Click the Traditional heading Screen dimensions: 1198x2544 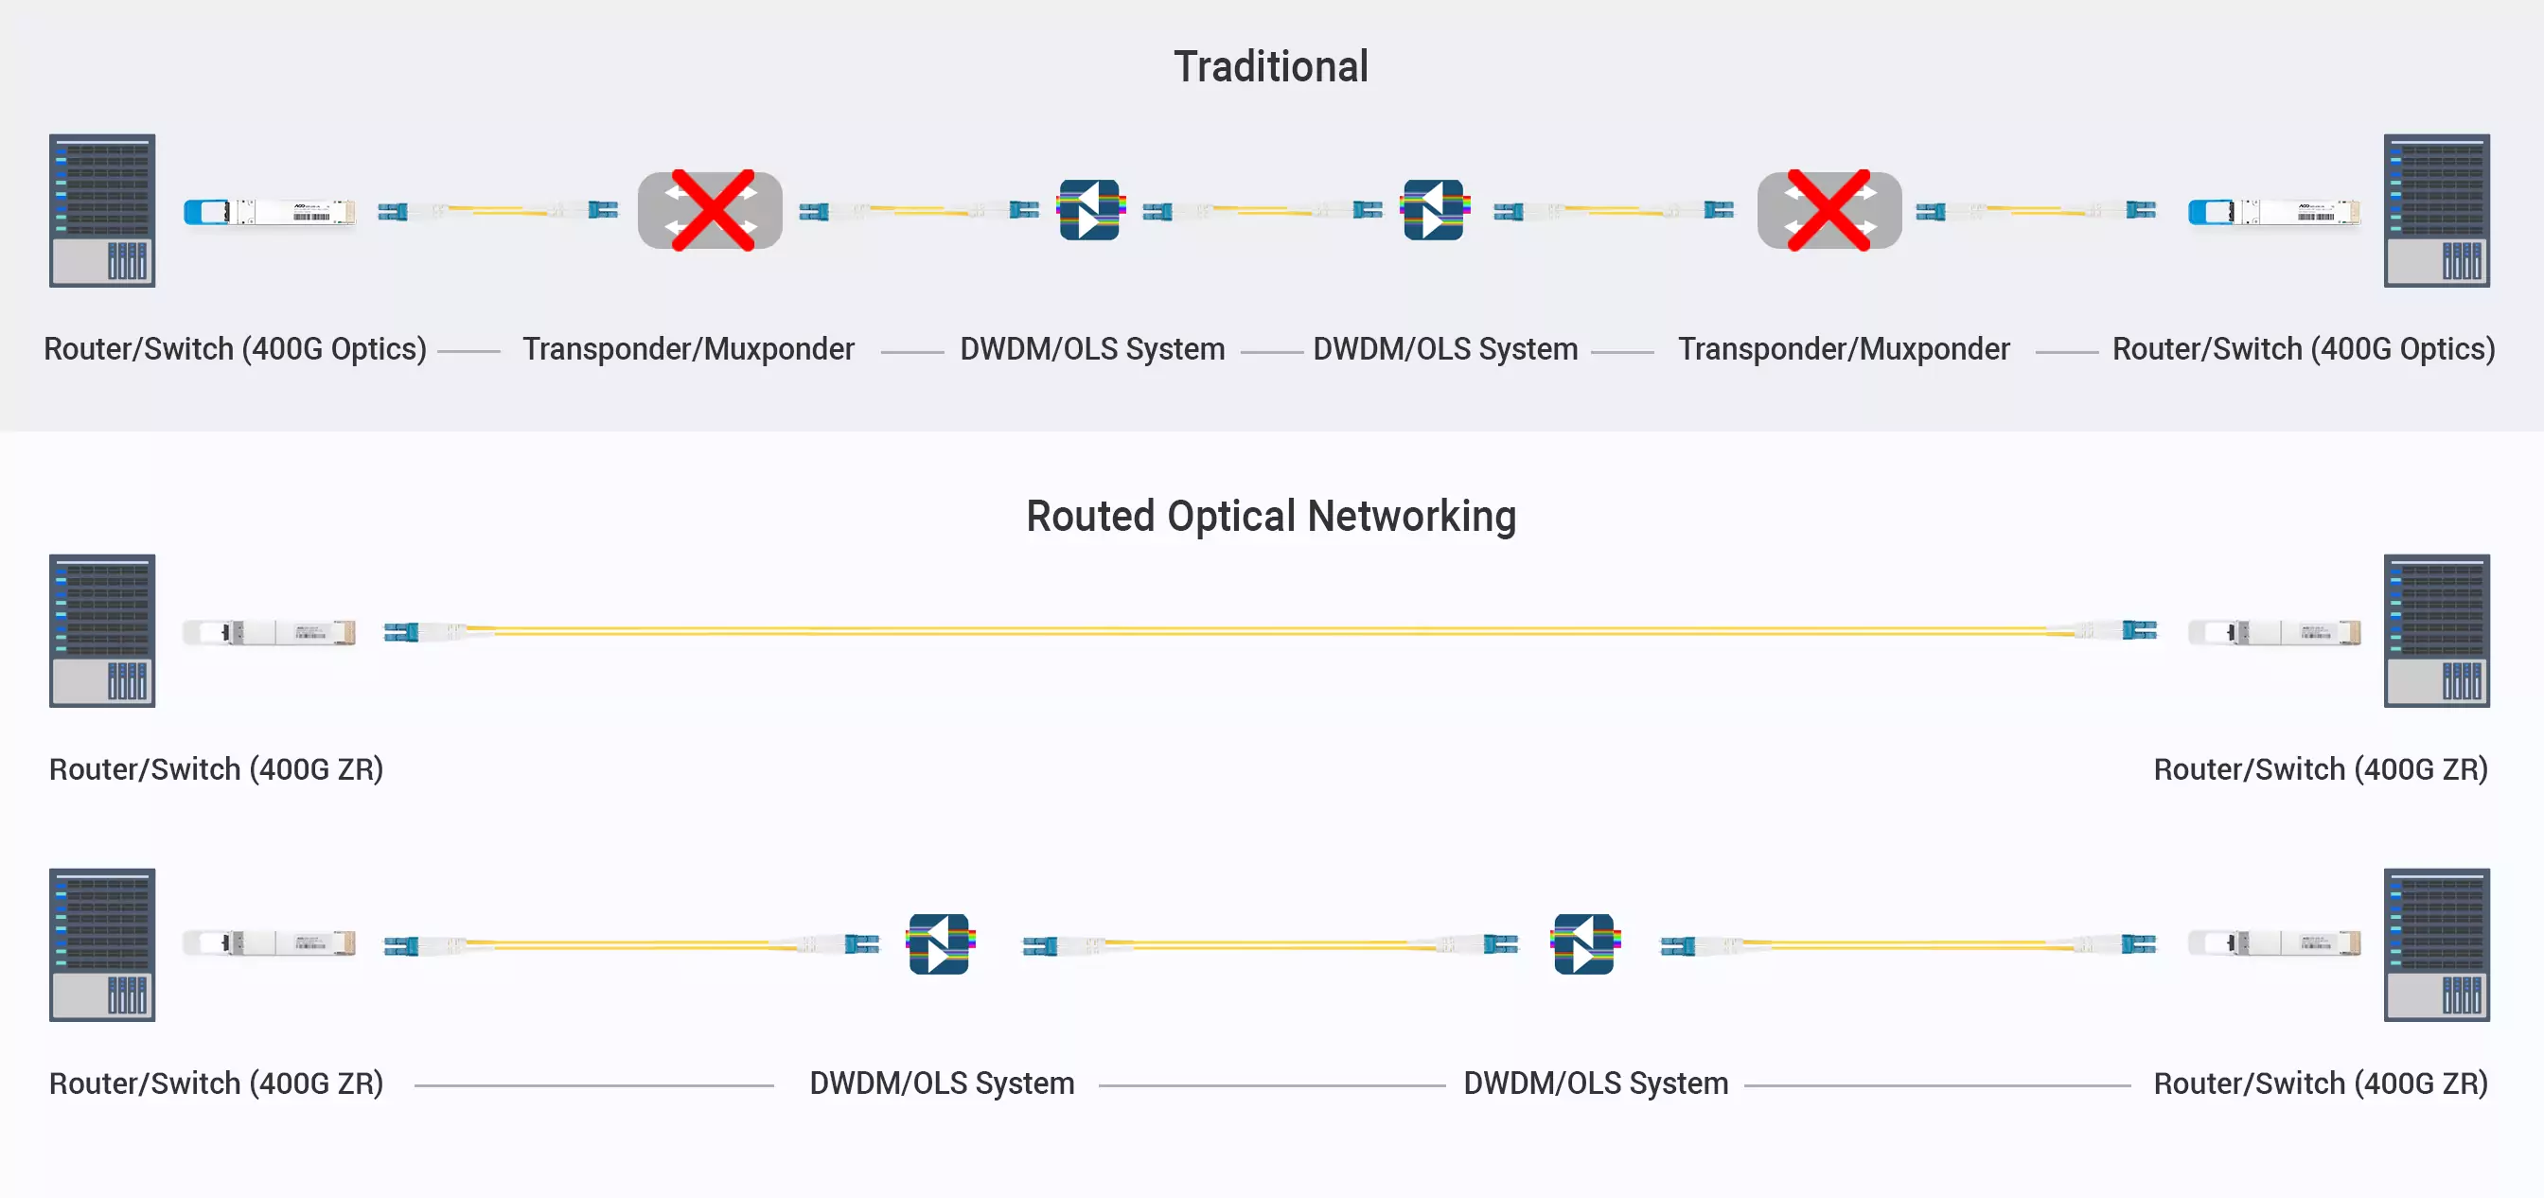(1271, 67)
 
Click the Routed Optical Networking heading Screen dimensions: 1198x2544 (1271, 517)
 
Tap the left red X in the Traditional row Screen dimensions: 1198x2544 (712, 210)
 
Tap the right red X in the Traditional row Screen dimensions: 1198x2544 (1829, 210)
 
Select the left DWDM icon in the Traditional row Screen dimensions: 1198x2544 (1089, 209)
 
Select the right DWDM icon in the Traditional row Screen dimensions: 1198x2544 (1434, 209)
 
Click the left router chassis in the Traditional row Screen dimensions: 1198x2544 (103, 210)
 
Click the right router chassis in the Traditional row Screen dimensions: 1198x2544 (2436, 210)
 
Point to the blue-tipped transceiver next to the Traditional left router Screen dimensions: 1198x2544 (270, 211)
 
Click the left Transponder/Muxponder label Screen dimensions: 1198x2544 (688, 349)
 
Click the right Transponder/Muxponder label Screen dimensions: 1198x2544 (1844, 349)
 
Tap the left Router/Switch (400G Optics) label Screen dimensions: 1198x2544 (235, 349)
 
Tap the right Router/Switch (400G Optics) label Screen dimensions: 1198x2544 (2303, 349)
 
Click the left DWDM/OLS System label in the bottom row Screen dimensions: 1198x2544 (941, 1083)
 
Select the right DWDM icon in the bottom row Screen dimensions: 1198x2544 (1584, 944)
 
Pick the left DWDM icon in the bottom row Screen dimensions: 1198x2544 (939, 944)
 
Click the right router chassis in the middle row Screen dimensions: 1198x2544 (2436, 630)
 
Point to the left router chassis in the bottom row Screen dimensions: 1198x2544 (103, 944)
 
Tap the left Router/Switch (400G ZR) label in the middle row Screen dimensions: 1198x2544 (217, 769)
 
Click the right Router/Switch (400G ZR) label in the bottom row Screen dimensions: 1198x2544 (2320, 1083)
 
